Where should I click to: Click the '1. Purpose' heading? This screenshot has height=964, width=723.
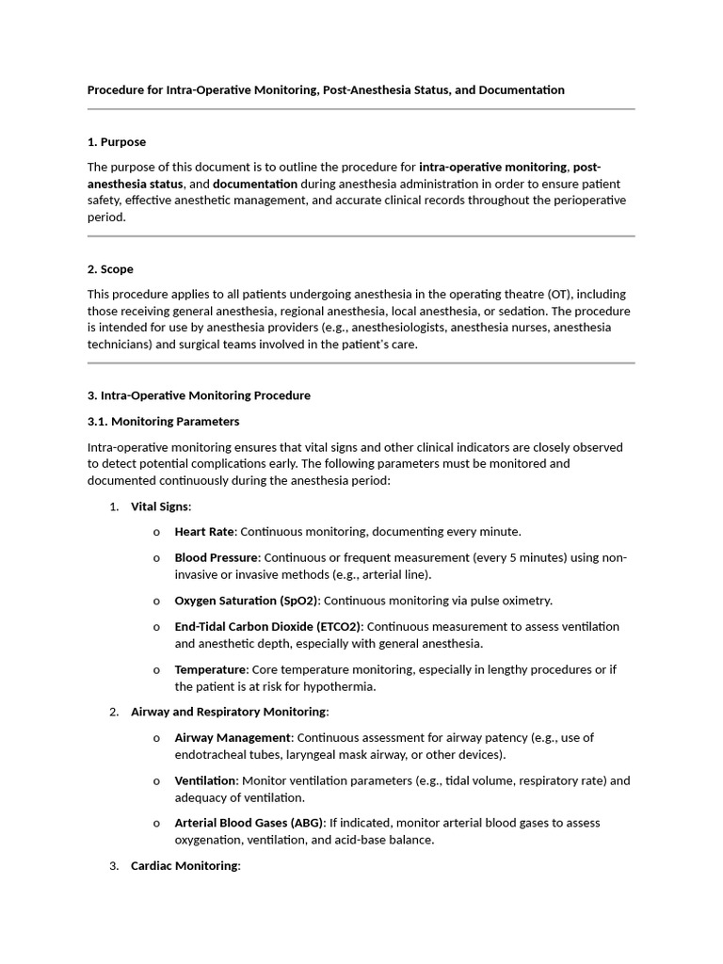click(117, 142)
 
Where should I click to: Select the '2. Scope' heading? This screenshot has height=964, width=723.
click(110, 269)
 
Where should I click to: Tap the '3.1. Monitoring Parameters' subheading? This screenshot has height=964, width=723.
click(163, 421)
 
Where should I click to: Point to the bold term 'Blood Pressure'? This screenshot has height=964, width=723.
click(216, 557)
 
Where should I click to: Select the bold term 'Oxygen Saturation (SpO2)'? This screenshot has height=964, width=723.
click(247, 601)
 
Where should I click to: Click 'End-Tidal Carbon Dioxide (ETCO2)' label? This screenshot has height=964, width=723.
click(268, 626)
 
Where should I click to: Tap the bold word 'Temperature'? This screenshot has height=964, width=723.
click(210, 669)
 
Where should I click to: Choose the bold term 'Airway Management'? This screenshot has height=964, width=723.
click(233, 737)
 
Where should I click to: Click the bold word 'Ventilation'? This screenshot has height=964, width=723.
click(205, 780)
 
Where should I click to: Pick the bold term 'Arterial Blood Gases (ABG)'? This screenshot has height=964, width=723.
click(249, 823)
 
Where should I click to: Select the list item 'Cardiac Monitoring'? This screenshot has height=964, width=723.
click(185, 865)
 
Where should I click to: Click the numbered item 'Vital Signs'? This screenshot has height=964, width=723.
click(159, 506)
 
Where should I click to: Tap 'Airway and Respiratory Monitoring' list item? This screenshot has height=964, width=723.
click(229, 712)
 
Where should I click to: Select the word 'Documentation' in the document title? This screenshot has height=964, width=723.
click(522, 90)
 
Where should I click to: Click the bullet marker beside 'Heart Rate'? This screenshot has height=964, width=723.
click(156, 533)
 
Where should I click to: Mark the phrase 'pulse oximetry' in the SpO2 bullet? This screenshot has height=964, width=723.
click(512, 601)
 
